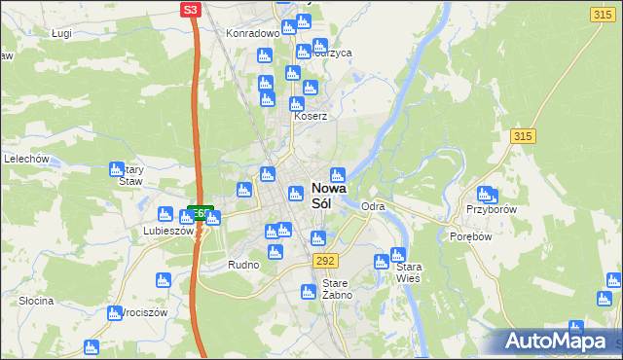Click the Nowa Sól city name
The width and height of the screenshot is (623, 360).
coord(329,197)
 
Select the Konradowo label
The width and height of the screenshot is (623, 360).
coord(253,32)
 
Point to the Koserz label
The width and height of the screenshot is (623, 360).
coord(311,115)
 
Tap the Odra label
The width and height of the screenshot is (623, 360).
coord(373,207)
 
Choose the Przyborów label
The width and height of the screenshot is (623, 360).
coord(490,209)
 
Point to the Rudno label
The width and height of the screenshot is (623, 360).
coord(243,265)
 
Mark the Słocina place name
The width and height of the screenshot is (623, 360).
coord(36,301)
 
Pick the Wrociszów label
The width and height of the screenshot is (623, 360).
coord(135,313)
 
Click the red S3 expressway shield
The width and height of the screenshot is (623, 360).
coord(191,10)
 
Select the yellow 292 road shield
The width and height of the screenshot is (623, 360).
coord(325,260)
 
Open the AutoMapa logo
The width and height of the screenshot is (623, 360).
coord(558,341)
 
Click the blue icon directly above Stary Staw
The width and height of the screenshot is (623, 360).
coord(117,167)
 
